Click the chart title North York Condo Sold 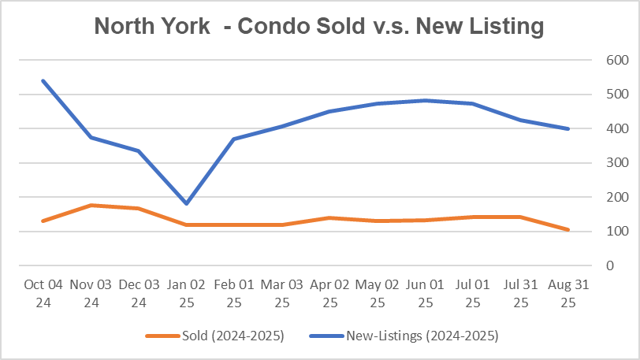(319, 27)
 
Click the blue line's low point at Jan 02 (187, 203)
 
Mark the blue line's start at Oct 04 (44, 80)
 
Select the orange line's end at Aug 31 (568, 230)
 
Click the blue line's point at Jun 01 (426, 101)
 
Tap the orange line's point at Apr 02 (330, 218)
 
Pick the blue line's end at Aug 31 (568, 128)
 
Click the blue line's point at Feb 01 (235, 139)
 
